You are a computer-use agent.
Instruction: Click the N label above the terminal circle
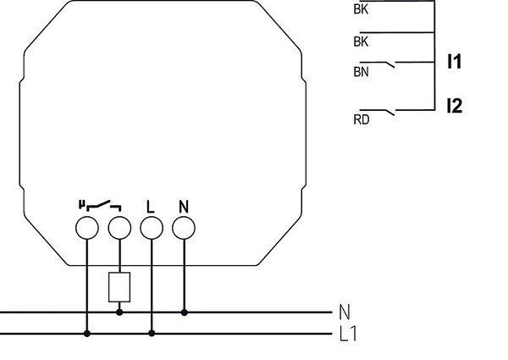coord(183,206)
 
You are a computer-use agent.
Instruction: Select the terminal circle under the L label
coord(151,228)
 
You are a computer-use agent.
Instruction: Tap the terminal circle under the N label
coord(184,227)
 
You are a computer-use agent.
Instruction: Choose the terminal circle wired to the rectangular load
coord(119,228)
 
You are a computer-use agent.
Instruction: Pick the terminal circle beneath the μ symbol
coord(86,228)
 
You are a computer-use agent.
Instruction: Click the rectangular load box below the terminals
coord(119,288)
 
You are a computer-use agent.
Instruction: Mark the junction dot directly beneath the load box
coord(119,313)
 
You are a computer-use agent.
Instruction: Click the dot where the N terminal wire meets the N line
coord(184,313)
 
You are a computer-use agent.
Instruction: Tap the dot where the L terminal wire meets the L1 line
coord(151,333)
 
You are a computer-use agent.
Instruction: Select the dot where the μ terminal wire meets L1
coord(86,333)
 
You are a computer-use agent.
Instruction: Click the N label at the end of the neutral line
coord(344,312)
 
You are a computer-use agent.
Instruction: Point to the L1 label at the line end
coord(347,334)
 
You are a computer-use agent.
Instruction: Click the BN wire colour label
coord(361,74)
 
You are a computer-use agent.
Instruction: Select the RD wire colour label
coord(361,120)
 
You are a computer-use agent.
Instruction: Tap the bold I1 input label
coord(455,62)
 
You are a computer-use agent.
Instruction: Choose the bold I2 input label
coord(455,107)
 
